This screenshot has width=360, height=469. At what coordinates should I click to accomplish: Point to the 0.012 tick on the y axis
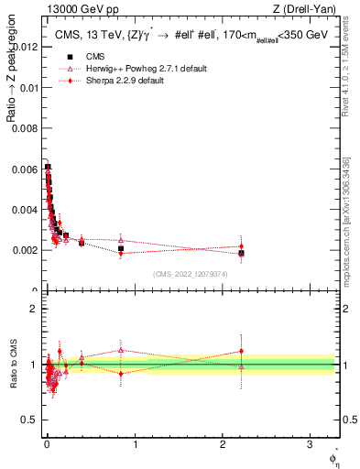pyautogui.click(x=25, y=46)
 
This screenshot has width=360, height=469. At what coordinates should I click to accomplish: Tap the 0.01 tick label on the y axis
pyautogui.click(x=27, y=87)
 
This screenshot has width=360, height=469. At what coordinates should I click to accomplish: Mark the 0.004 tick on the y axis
pyautogui.click(x=25, y=210)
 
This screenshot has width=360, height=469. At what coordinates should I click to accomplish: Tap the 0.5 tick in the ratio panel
pyautogui.click(x=28, y=421)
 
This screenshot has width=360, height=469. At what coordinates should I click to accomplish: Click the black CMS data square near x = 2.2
pyautogui.click(x=241, y=253)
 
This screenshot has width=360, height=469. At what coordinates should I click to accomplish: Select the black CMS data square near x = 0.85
pyautogui.click(x=121, y=248)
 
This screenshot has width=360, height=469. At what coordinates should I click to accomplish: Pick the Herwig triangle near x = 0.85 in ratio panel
pyautogui.click(x=121, y=349)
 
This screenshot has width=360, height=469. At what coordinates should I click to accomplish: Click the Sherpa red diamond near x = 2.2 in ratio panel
pyautogui.click(x=241, y=351)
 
